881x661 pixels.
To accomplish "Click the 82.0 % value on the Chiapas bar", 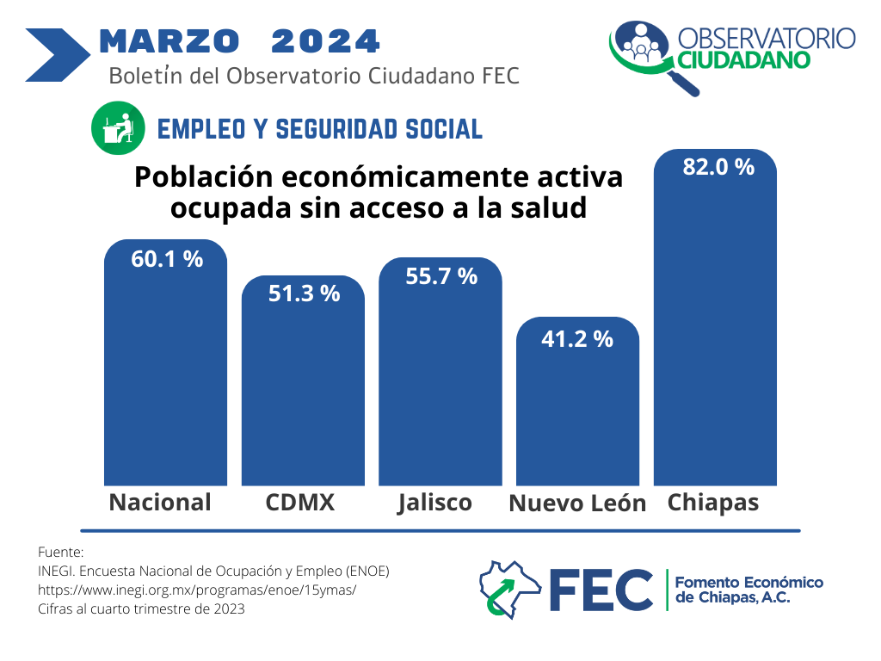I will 718,167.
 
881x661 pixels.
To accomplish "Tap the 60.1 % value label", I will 167,258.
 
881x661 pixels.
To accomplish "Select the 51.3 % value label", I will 304,293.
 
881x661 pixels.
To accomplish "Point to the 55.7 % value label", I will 441,276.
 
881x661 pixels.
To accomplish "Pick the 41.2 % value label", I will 577,339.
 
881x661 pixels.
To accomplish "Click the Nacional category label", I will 160,503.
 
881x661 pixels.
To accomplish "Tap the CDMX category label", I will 300,503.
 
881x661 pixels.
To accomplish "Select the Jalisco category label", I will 435,503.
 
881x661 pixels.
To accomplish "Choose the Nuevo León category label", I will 577,504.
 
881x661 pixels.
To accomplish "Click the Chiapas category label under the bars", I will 713,503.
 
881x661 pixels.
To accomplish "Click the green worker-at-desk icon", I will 118,129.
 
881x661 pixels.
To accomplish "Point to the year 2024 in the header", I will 325,40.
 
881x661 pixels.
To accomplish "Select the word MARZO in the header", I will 169,40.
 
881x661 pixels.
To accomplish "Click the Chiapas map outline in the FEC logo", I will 508,590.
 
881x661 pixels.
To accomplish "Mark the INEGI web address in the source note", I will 197,590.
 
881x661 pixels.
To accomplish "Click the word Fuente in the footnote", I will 61,552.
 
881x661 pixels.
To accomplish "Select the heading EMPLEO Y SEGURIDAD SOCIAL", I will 320,129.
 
